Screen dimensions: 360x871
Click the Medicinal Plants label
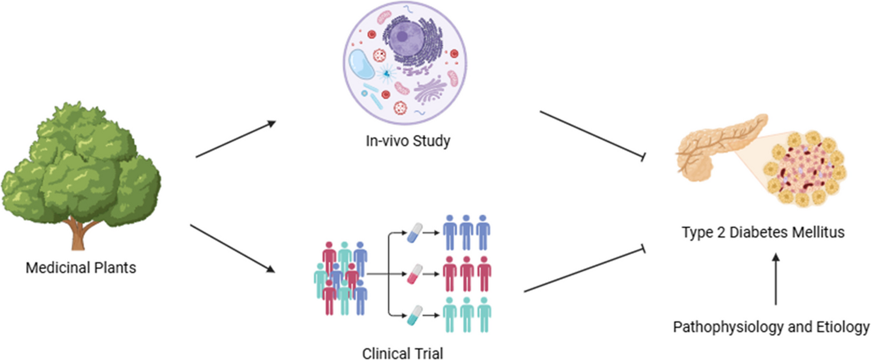pyautogui.click(x=81, y=268)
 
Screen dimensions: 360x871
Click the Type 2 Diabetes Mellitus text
pyautogui.click(x=762, y=233)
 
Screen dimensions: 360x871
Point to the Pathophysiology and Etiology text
pyautogui.click(x=771, y=327)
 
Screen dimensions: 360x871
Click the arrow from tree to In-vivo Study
pyautogui.click(x=235, y=139)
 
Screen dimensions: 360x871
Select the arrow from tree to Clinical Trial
pyautogui.click(x=232, y=249)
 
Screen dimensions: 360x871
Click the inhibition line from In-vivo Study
pyautogui.click(x=592, y=134)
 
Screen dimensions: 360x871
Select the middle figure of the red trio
pyautogui.click(x=467, y=273)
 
